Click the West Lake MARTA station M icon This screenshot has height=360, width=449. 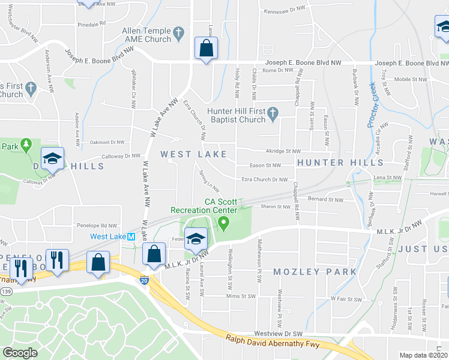131,237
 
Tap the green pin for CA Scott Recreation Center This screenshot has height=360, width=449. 223,224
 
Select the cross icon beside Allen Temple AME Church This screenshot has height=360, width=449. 178,31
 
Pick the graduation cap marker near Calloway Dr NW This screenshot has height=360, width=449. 52,159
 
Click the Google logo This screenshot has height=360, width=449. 20,353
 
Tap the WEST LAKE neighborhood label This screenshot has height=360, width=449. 193,154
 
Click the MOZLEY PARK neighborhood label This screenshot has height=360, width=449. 315,272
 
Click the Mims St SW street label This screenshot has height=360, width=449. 240,296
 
